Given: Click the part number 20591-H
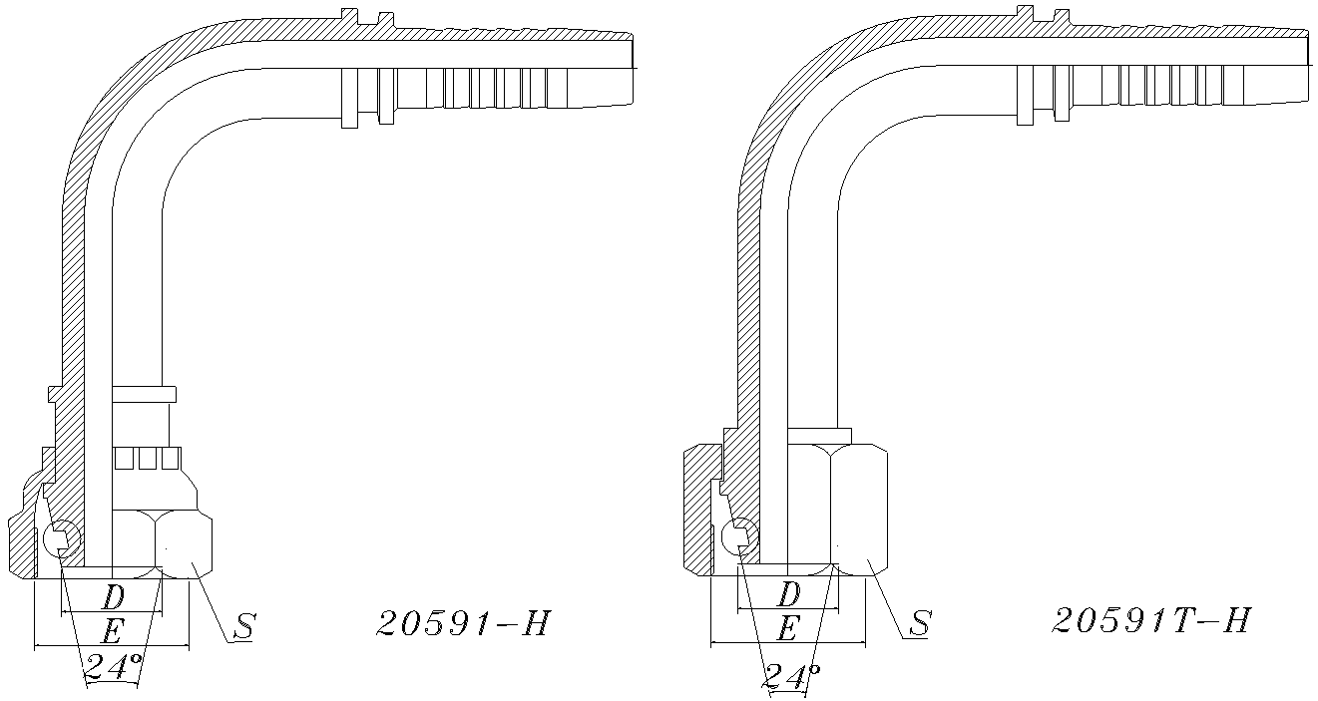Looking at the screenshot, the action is [x=464, y=623].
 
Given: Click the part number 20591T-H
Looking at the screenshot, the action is [x=1151, y=620].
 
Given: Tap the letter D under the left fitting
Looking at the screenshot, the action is [x=113, y=598].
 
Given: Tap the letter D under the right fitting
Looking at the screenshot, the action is [x=788, y=595].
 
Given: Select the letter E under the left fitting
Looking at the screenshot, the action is [x=112, y=632].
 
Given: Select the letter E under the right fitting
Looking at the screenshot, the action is [x=787, y=629].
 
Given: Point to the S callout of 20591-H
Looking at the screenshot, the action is [x=244, y=626].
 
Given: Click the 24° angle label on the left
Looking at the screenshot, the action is [x=114, y=666].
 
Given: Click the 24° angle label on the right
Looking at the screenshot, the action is [x=791, y=677].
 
